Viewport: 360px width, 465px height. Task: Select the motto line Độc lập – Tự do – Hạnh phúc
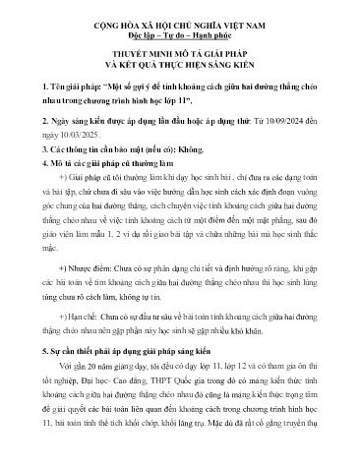coord(179,31)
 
